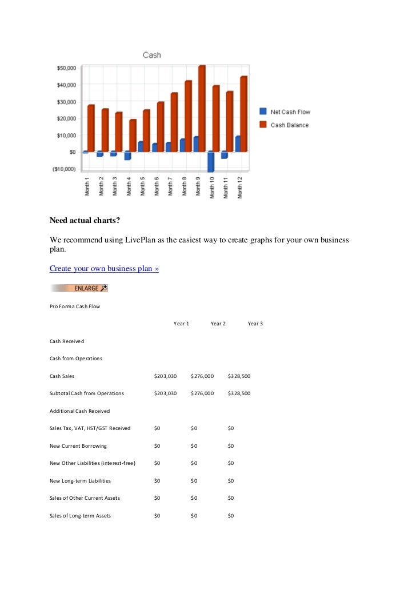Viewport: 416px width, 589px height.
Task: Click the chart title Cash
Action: coord(151,55)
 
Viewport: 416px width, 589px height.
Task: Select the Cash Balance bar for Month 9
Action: coord(202,109)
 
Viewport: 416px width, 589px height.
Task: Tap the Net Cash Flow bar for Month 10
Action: coord(211,161)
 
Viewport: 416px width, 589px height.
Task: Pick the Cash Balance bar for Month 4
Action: coord(133,136)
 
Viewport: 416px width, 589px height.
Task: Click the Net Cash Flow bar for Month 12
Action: coord(238,144)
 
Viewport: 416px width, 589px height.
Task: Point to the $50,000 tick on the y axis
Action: coord(66,68)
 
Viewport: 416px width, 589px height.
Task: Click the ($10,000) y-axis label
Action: coord(64,169)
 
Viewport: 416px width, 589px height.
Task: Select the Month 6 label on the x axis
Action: coord(157,186)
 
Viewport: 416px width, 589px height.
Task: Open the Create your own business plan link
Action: coord(104,268)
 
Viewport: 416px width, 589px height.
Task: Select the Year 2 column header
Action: coord(218,324)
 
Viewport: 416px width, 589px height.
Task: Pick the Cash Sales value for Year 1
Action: coord(166,376)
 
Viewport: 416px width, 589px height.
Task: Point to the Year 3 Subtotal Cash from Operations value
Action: coord(239,393)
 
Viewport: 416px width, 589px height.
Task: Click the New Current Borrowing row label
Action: coord(78,445)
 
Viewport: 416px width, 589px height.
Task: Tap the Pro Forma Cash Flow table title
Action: coord(75,307)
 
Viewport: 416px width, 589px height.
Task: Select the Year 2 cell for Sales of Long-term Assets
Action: coord(194,516)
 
